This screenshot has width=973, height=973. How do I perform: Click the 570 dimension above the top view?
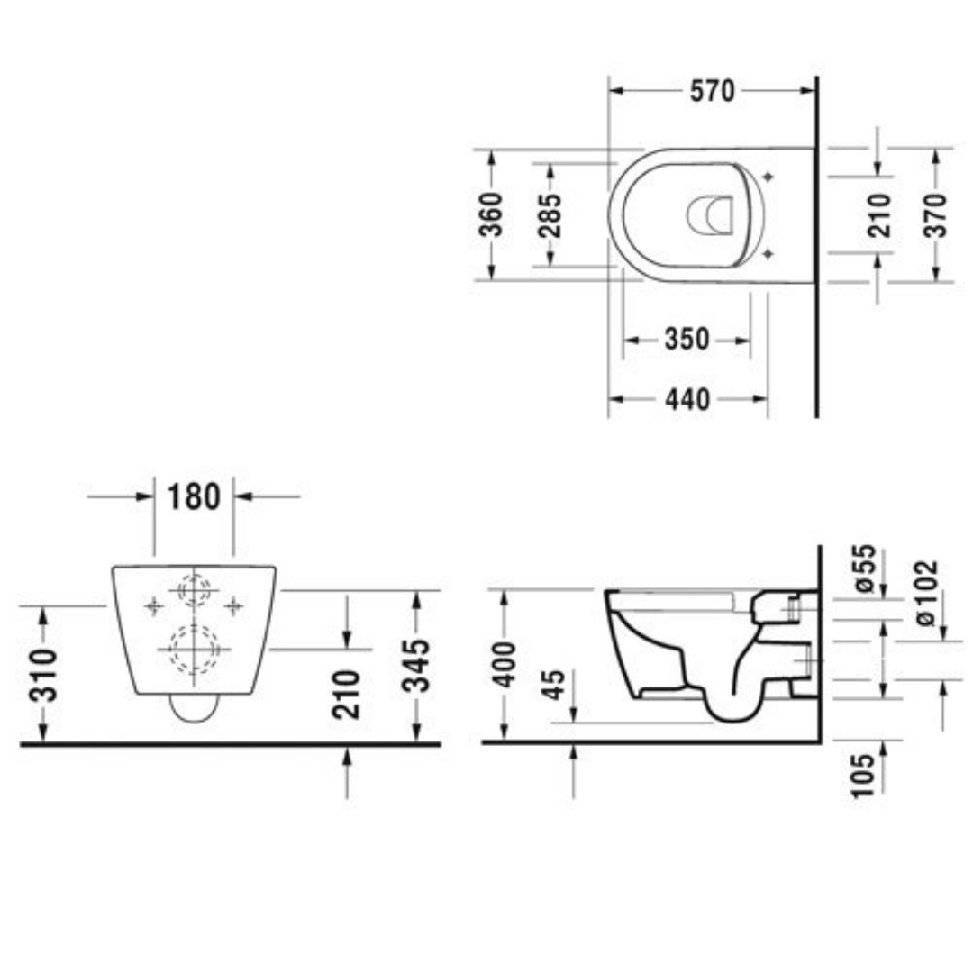pyautogui.click(x=713, y=91)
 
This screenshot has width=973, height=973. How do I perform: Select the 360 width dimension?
pyautogui.click(x=491, y=214)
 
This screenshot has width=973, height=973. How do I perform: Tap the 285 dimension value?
pyautogui.click(x=551, y=214)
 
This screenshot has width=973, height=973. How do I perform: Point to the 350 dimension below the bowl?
pyautogui.click(x=687, y=340)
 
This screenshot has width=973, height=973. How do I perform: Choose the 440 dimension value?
pyautogui.click(x=687, y=398)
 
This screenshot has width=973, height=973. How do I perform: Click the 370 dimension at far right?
pyautogui.click(x=936, y=214)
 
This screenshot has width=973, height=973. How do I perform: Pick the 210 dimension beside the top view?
pyautogui.click(x=879, y=214)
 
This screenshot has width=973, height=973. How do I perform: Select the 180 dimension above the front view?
pyautogui.click(x=194, y=496)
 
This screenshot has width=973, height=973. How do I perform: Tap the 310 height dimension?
pyautogui.click(x=42, y=674)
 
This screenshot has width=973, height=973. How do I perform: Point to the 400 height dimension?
pyautogui.click(x=505, y=665)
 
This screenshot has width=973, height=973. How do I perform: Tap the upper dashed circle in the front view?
pyautogui.click(x=194, y=590)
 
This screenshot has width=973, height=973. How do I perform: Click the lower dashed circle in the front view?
pyautogui.click(x=194, y=648)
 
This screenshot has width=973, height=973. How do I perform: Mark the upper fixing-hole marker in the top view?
pyautogui.click(x=768, y=176)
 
